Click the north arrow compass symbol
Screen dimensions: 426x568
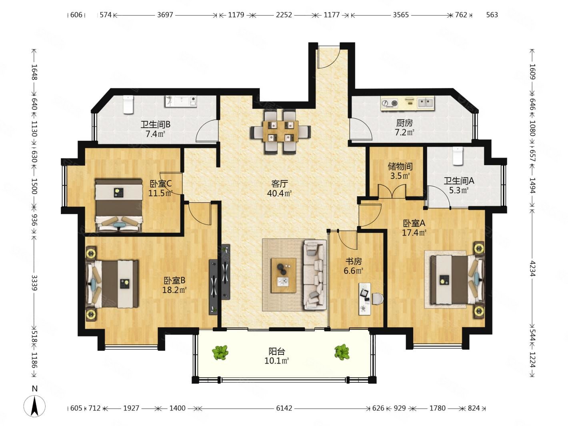click(34, 406)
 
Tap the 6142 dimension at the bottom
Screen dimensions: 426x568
click(284, 408)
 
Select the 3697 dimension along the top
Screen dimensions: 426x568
click(165, 15)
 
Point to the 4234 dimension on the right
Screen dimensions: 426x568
click(532, 268)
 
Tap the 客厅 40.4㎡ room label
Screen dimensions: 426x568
click(279, 188)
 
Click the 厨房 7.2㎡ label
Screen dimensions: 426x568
click(404, 128)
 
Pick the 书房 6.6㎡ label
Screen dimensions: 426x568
click(354, 266)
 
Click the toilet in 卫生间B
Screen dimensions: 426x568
click(128, 104)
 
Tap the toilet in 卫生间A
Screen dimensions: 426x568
click(458, 156)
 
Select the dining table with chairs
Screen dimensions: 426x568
click(280, 132)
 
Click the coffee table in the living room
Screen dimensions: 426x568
click(284, 275)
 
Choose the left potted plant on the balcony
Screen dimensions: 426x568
click(220, 352)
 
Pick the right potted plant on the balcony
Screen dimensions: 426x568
click(342, 352)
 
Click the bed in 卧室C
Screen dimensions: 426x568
click(119, 205)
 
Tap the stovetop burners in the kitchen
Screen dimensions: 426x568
click(390, 103)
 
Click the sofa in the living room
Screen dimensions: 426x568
click(315, 275)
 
